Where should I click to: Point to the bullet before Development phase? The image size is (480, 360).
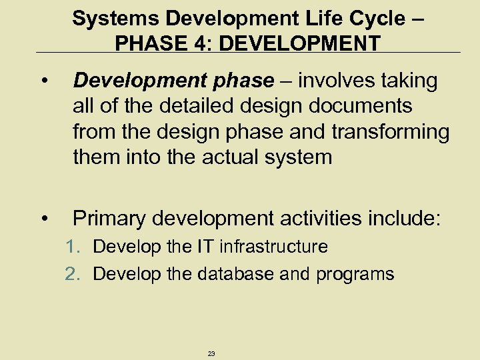tap(43, 82)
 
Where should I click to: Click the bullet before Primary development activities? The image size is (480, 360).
tap(43, 218)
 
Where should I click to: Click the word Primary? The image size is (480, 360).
tap(111, 218)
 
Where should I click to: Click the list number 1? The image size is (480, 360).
tap(73, 247)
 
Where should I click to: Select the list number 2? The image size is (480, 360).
tap(73, 274)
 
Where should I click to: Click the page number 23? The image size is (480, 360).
tap(211, 353)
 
